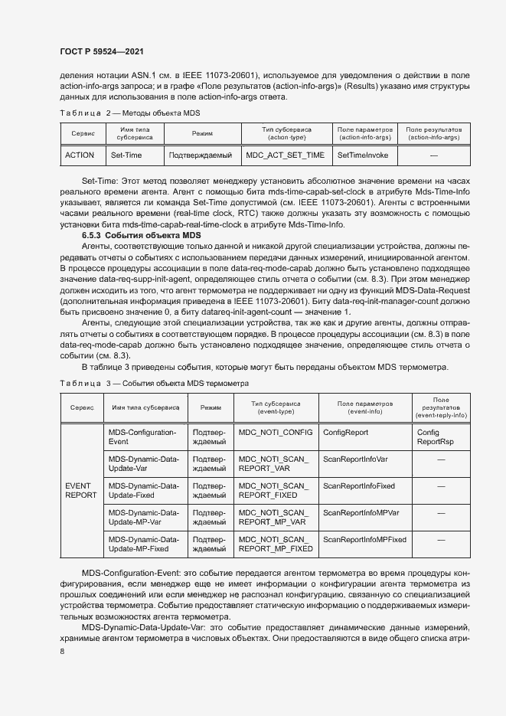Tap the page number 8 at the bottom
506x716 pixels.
pos(62,651)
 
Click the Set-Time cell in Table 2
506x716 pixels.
pos(126,155)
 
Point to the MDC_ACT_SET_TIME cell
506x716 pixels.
pos(285,155)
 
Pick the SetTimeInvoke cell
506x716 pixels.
pos(363,155)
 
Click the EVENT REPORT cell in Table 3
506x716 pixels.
pos(81,490)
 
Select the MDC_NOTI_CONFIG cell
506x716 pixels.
pos(276,433)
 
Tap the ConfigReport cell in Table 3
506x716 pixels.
pos(345,433)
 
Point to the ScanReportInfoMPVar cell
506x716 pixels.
pos(362,512)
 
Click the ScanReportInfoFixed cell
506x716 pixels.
pos(359,486)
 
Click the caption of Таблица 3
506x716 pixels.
pos(154,382)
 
